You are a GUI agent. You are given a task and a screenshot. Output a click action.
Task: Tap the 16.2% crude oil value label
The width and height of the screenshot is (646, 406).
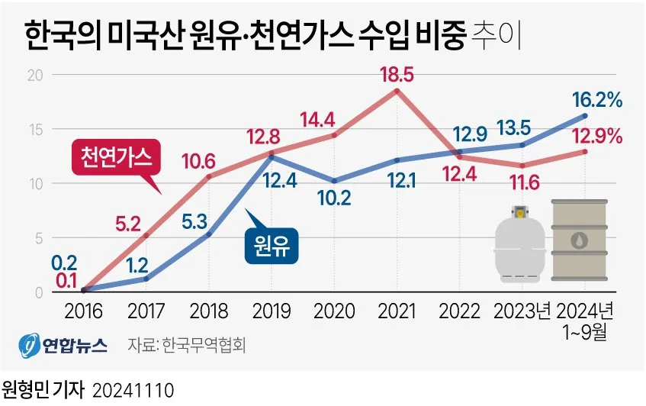click(599, 99)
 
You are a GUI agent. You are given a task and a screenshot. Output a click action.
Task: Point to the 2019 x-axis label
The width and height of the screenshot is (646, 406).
click(271, 311)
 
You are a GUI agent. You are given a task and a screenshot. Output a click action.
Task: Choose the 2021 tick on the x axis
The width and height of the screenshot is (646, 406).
click(397, 311)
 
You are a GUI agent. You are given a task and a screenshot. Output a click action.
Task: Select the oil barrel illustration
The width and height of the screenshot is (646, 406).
click(581, 240)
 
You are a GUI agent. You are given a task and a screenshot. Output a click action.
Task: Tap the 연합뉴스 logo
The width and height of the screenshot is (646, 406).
click(63, 343)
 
